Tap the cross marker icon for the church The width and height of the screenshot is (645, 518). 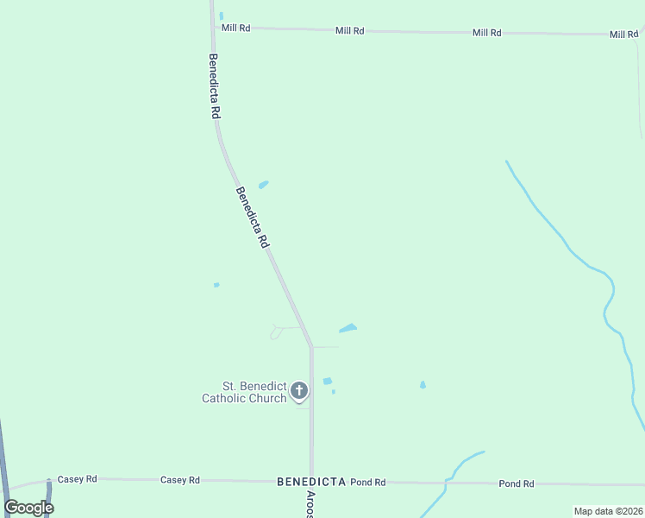click(x=299, y=391)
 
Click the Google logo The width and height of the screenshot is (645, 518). click(x=28, y=508)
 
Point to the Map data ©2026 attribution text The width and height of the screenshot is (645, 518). click(x=608, y=511)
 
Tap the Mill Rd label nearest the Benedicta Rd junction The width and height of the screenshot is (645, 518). click(x=235, y=28)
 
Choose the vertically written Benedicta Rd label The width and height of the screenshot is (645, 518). click(x=214, y=87)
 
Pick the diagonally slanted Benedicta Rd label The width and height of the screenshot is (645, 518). click(x=252, y=218)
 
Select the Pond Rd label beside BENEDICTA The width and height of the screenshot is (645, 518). click(x=368, y=483)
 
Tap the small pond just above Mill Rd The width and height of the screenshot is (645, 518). click(x=222, y=16)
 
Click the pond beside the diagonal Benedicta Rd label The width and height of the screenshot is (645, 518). click(x=263, y=184)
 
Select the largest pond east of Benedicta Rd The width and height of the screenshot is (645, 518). click(x=348, y=328)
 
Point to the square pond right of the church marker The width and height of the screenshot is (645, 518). click(x=328, y=381)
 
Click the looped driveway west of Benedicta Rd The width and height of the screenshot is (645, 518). click(x=278, y=331)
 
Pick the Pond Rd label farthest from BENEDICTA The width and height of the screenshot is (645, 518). click(x=517, y=484)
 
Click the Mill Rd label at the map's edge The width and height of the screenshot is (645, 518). click(x=623, y=35)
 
